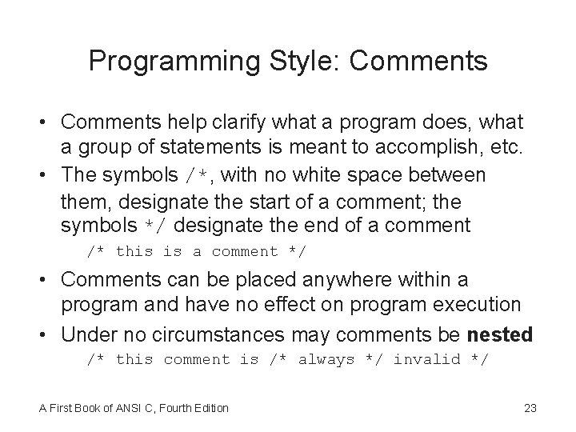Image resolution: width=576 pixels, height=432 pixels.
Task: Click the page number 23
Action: pyautogui.click(x=530, y=408)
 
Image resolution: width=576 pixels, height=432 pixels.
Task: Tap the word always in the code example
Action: pyautogui.click(x=326, y=360)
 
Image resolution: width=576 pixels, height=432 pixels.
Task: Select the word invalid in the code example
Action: pyautogui.click(x=426, y=360)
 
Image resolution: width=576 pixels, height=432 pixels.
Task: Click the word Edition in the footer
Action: pyautogui.click(x=209, y=408)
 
